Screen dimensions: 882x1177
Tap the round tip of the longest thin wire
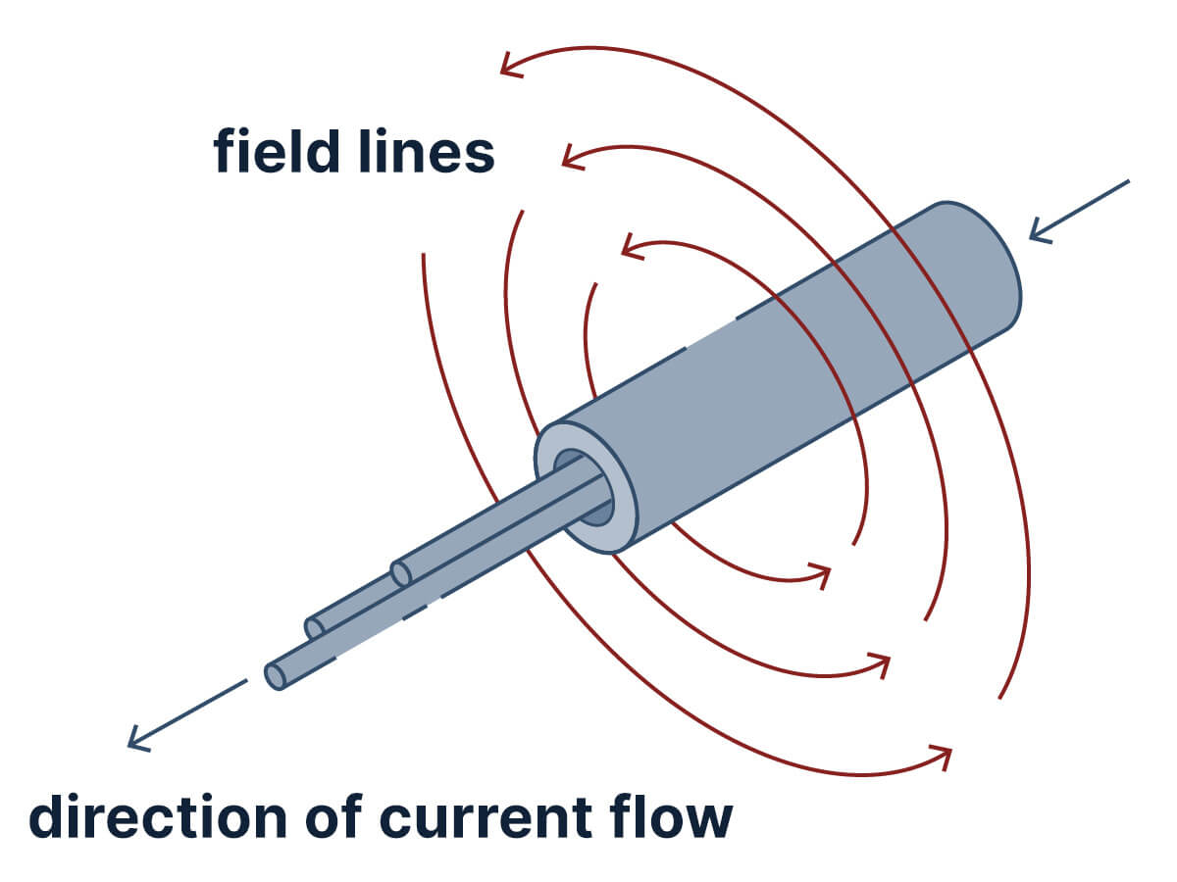pyautogui.click(x=276, y=676)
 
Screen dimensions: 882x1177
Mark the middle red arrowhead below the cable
pyautogui.click(x=883, y=663)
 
